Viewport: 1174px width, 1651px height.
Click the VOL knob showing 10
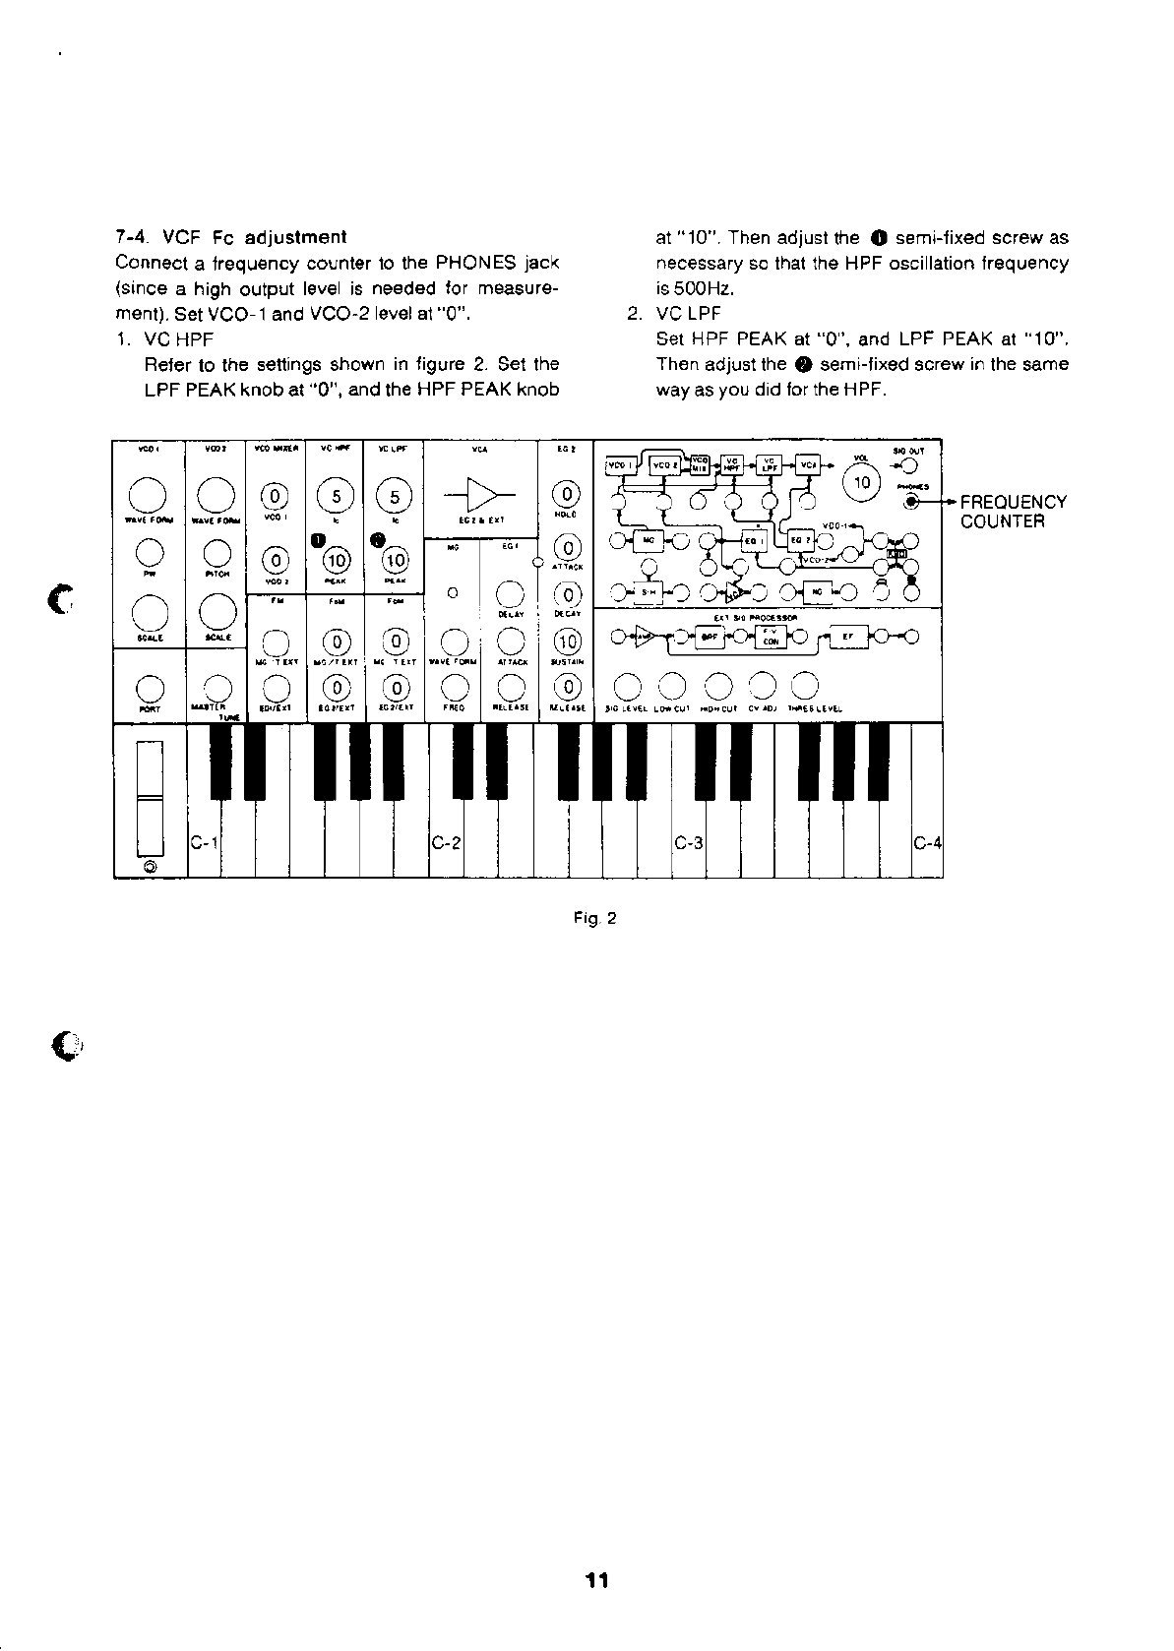(x=863, y=483)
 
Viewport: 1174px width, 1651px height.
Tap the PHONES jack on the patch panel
(x=911, y=502)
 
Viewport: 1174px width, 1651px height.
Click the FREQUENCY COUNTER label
(x=1013, y=512)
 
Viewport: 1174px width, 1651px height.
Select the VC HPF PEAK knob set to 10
(x=336, y=561)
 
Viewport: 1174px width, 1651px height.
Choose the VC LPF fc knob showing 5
(x=394, y=496)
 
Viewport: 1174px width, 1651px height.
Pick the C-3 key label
(x=688, y=843)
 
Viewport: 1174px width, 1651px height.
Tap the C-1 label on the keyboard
(x=204, y=843)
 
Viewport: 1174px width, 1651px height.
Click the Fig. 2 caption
(x=595, y=919)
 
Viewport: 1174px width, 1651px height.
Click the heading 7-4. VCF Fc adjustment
(x=230, y=237)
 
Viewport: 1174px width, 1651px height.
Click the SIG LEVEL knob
(x=628, y=685)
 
